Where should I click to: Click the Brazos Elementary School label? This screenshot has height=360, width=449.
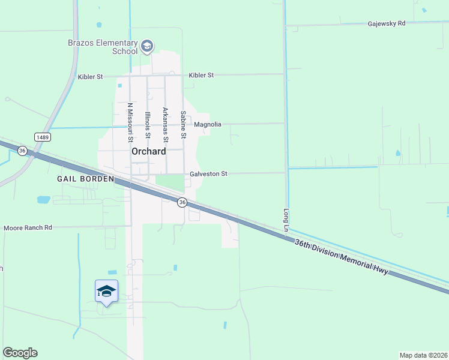(x=100, y=46)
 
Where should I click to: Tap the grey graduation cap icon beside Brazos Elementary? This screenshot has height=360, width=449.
(x=146, y=46)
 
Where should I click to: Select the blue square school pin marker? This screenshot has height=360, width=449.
(x=106, y=291)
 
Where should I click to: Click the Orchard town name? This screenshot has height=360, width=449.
(x=148, y=152)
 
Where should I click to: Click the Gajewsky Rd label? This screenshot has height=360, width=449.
(x=387, y=23)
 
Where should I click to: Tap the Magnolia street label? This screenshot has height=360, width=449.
(x=208, y=124)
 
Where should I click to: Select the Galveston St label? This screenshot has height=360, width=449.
(x=208, y=174)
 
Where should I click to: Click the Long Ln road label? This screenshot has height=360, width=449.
(x=286, y=220)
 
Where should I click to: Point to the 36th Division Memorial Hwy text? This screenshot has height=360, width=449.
(x=342, y=257)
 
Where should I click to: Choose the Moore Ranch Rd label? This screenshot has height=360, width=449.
(x=28, y=228)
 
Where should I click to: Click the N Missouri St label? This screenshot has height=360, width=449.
(x=130, y=122)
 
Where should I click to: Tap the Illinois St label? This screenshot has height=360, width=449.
(x=147, y=124)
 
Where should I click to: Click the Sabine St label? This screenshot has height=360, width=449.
(x=183, y=124)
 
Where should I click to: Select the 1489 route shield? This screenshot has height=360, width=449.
(x=42, y=137)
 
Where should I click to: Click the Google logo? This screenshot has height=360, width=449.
(x=20, y=353)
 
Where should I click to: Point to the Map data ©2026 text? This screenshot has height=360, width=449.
(x=423, y=355)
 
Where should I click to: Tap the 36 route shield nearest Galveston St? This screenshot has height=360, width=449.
(x=182, y=202)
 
